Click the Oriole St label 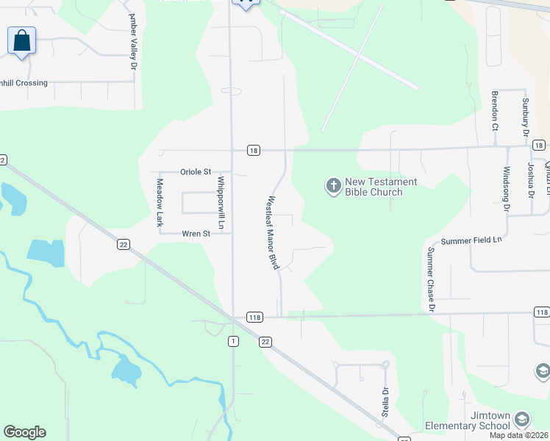coord(196,172)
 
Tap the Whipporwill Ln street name coord(220,200)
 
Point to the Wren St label coord(196,234)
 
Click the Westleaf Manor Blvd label coord(273,232)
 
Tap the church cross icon coord(333,187)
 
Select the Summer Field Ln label coord(471,240)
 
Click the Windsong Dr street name coord(506,188)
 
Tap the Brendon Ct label coord(495,110)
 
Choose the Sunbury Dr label coord(525,118)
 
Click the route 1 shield coord(234,340)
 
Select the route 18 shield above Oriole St coord(253,150)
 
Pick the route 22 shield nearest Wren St coord(123,244)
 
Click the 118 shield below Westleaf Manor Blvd coord(254,318)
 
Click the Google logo coord(24,432)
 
